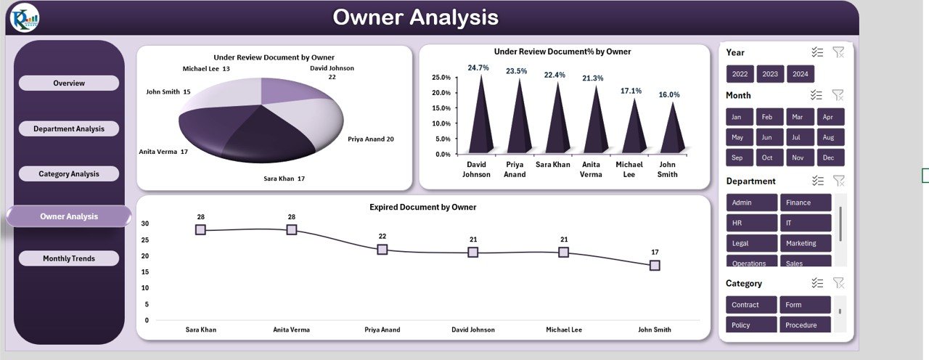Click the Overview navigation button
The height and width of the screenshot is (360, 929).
pos(69,83)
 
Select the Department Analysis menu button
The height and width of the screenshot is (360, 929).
pos(69,129)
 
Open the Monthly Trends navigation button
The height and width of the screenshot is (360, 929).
pos(69,258)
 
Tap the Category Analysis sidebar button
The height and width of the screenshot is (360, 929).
pos(69,174)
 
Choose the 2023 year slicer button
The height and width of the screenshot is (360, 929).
pos(770,74)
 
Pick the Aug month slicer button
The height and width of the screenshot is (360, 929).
pos(830,137)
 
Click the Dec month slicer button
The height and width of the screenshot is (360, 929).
pos(830,157)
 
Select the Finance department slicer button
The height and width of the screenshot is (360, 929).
pos(805,202)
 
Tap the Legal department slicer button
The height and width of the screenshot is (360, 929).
pos(751,243)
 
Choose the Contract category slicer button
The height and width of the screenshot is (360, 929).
pos(751,305)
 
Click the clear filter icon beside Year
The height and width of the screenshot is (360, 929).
pos(838,52)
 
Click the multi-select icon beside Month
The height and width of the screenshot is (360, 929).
pos(817,95)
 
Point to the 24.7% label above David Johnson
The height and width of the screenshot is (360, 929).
pos(478,67)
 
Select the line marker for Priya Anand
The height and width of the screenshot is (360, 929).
pos(382,249)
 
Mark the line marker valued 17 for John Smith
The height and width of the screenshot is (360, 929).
pos(655,266)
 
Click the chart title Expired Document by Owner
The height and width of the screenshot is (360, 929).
pos(422,208)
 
